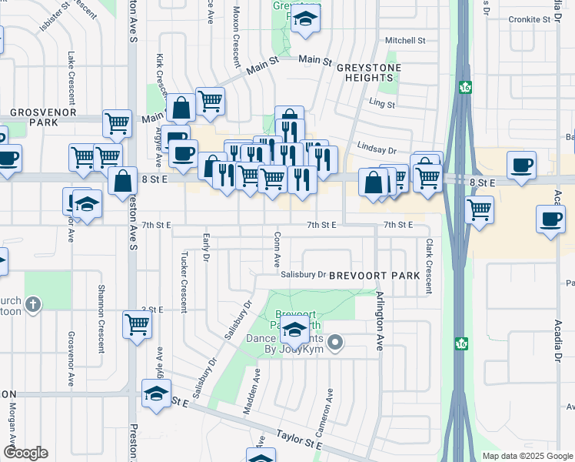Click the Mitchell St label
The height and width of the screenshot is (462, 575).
[x=405, y=40]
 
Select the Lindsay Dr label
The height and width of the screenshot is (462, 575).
[x=376, y=151]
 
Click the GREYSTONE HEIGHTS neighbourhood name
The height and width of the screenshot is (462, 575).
[x=365, y=72]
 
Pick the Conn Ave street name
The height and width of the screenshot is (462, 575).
[x=276, y=251]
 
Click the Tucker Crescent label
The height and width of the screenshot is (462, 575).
[x=184, y=280]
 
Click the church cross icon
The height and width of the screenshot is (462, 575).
[x=33, y=306]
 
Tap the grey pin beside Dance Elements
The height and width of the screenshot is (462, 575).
[x=334, y=341]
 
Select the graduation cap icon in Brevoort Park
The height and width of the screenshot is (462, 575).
[x=294, y=332]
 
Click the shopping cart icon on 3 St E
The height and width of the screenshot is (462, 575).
[x=137, y=324]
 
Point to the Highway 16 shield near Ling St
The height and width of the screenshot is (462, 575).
[x=466, y=87]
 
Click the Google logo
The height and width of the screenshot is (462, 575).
[x=25, y=453]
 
